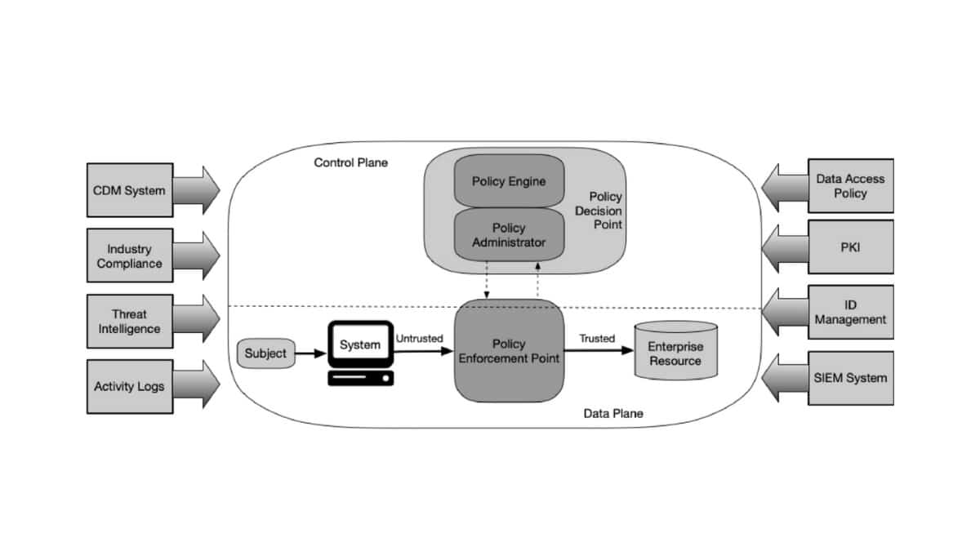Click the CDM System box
(x=129, y=190)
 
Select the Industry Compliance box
(x=129, y=256)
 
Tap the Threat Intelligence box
(x=129, y=322)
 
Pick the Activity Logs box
(x=129, y=386)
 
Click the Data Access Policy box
(x=850, y=185)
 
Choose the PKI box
(x=850, y=247)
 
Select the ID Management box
(x=850, y=312)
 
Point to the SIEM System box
(x=850, y=378)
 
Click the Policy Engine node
(x=509, y=181)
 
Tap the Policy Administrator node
(x=509, y=235)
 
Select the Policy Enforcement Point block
(x=509, y=351)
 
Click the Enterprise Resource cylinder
(x=675, y=353)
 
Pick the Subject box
(x=265, y=353)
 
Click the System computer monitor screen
(x=360, y=345)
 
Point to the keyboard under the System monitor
(x=360, y=378)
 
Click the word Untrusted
(x=419, y=338)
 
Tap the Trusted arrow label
(x=597, y=338)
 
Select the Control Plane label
(x=351, y=162)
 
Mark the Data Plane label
(x=612, y=413)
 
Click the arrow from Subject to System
(x=310, y=353)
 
